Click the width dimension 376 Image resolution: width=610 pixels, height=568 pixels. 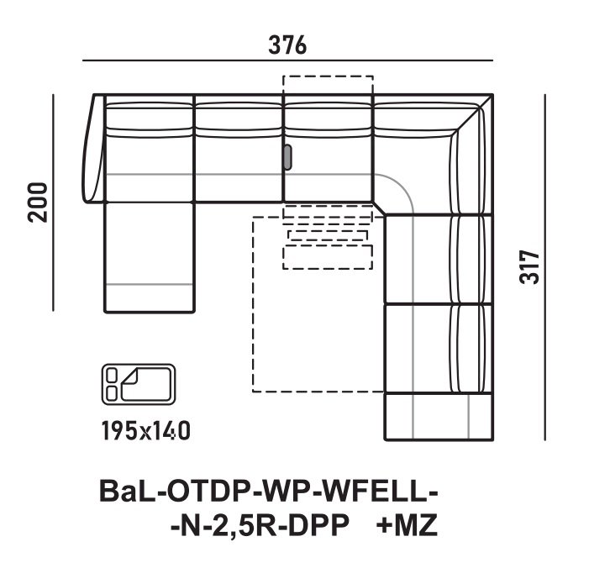point(287,45)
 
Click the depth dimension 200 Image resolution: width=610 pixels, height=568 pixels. point(37,202)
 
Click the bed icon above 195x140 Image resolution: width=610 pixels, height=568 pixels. point(138,384)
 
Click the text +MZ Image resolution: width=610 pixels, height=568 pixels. point(408,527)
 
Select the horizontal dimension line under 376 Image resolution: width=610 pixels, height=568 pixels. point(287,61)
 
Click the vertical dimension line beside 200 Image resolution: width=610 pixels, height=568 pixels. point(55,202)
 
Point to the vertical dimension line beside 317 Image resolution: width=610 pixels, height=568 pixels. point(545,267)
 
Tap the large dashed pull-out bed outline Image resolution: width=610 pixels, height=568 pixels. point(315,336)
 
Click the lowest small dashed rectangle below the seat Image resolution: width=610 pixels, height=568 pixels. point(328,257)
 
